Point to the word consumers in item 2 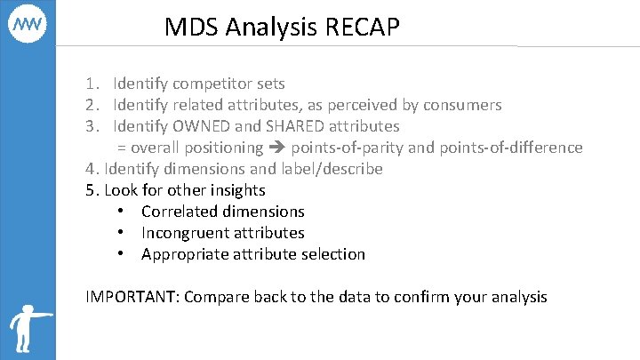click(462, 105)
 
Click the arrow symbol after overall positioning click(276, 148)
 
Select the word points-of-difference click(508, 148)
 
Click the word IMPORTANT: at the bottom click(132, 297)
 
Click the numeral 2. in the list click(92, 105)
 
